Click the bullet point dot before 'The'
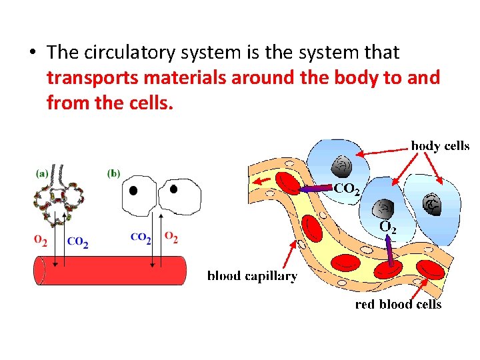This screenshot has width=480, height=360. pyautogui.click(x=31, y=52)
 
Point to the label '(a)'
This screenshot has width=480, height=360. pyautogui.click(x=41, y=173)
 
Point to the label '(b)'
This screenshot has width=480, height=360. pyautogui.click(x=114, y=173)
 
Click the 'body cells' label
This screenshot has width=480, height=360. pyautogui.click(x=440, y=146)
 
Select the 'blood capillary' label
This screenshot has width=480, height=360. pyautogui.click(x=252, y=275)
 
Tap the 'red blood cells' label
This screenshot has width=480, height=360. pyautogui.click(x=398, y=304)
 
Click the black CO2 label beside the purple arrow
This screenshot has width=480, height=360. pyautogui.click(x=347, y=189)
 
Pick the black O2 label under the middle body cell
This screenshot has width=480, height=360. pyautogui.click(x=387, y=228)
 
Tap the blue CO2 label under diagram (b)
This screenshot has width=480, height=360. pyautogui.click(x=141, y=237)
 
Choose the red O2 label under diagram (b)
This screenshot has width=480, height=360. pyautogui.click(x=171, y=237)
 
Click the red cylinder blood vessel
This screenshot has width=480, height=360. pyautogui.click(x=110, y=270)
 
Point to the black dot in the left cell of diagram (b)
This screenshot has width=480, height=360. pyautogui.click(x=133, y=191)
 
